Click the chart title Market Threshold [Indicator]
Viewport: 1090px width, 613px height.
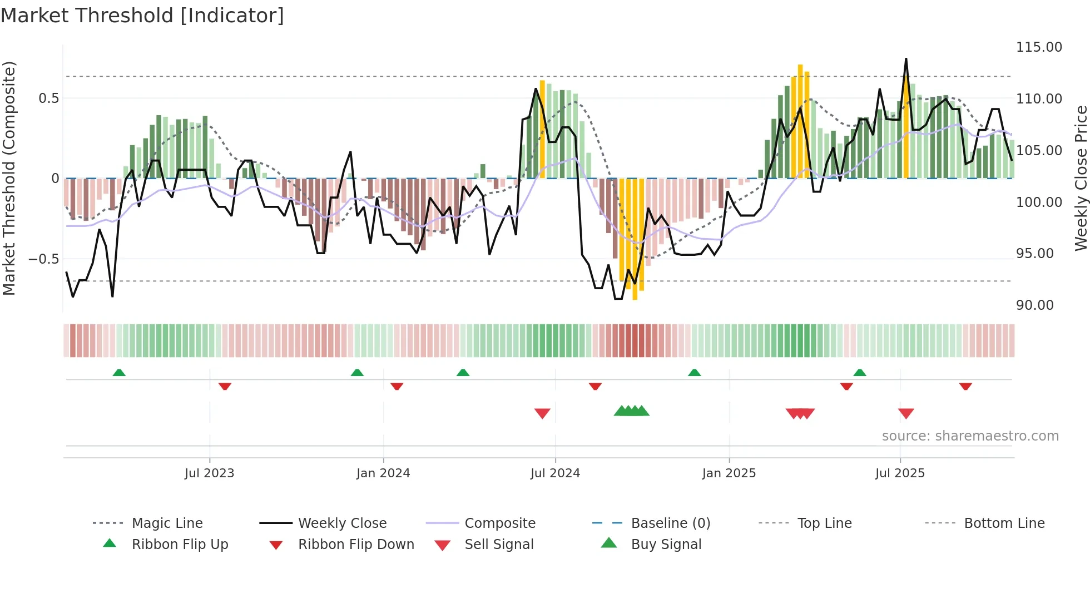coord(142,16)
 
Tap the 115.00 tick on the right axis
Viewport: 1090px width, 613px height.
coord(1039,47)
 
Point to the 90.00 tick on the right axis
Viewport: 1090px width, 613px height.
coord(1034,305)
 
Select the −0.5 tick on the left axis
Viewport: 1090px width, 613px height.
coord(43,259)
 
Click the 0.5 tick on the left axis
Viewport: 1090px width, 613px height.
coord(48,98)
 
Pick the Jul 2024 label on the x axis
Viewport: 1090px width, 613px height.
coord(555,473)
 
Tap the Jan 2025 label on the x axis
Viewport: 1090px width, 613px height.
coord(729,473)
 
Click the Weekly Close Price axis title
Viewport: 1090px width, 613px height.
coord(1081,178)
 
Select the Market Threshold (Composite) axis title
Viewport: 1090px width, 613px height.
coord(9,178)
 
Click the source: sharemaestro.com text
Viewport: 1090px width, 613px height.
coord(970,436)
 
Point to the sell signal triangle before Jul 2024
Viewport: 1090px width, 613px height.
coord(542,413)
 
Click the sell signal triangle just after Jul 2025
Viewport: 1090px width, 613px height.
coord(906,413)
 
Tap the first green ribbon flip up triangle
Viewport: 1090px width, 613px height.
coord(119,373)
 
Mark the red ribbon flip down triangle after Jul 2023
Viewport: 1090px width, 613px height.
coord(225,386)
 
